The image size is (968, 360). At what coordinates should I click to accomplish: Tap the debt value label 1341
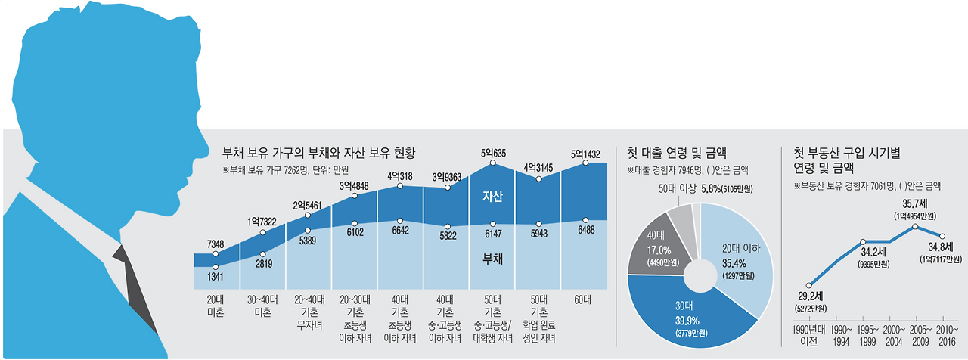pyautogui.click(x=216, y=278)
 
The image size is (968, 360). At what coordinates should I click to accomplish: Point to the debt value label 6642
pyautogui.click(x=402, y=232)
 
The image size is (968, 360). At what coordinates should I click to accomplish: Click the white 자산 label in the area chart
pyautogui.click(x=493, y=196)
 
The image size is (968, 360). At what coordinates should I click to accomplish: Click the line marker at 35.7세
pyautogui.click(x=916, y=227)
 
